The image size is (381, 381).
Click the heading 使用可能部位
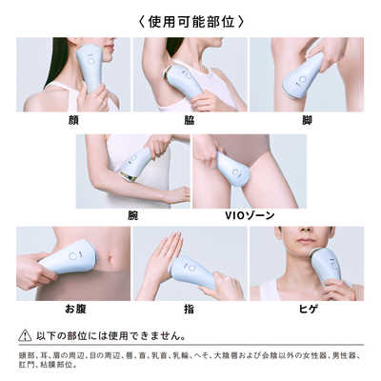[x=190, y=19]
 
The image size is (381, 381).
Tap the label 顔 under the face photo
[x=73, y=120]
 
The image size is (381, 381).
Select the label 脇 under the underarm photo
[x=190, y=120]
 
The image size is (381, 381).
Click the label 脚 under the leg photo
[x=306, y=120]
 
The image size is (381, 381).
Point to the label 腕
[x=132, y=215]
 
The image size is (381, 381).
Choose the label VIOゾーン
[x=250, y=215]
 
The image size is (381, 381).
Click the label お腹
[x=73, y=309]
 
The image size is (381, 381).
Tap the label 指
[x=190, y=309]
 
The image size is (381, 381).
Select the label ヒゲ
[x=306, y=309]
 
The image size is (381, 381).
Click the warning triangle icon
[x=26, y=335]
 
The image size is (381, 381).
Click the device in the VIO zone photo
[x=232, y=168]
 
